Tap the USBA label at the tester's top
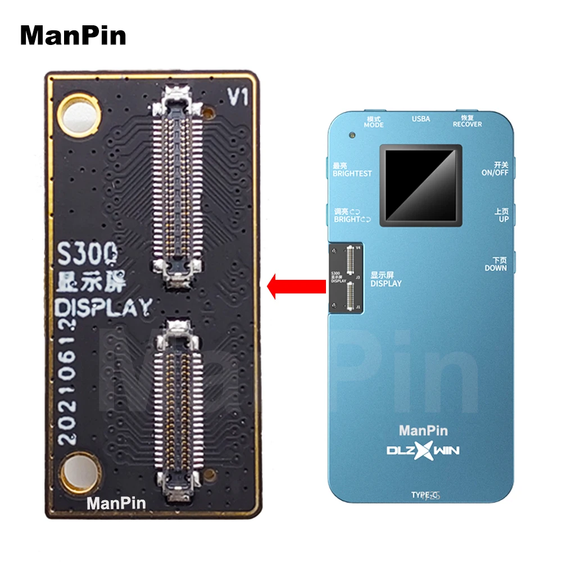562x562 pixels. tap(420, 119)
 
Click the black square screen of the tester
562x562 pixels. tap(421, 185)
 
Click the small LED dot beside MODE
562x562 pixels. tap(352, 135)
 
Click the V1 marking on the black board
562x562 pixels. tap(237, 98)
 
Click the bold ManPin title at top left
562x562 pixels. tap(73, 36)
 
